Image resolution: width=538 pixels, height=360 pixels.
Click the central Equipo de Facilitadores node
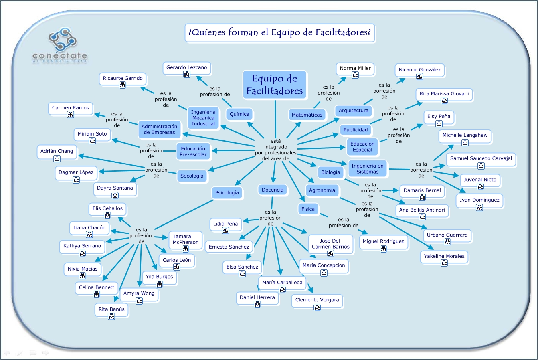tap(275, 85)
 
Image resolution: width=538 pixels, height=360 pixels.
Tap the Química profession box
tap(239, 114)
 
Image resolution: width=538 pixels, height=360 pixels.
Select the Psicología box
tap(227, 193)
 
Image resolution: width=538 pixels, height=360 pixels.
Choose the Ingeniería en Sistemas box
tap(367, 169)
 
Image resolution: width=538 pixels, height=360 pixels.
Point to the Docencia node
tap(273, 190)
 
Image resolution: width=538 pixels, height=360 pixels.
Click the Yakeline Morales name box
tap(444, 258)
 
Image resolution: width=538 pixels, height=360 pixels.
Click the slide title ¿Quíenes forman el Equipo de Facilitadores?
tap(280, 32)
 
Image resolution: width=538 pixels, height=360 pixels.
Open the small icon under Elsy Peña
tap(439, 124)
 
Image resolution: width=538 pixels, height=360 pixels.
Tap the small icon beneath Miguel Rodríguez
tap(384, 249)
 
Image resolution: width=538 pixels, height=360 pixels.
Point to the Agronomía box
tap(322, 190)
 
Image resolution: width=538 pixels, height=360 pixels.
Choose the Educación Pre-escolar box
tap(193, 152)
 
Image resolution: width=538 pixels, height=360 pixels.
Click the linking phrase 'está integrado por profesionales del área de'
tap(276, 150)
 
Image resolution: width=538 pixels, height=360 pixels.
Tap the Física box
tap(308, 209)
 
